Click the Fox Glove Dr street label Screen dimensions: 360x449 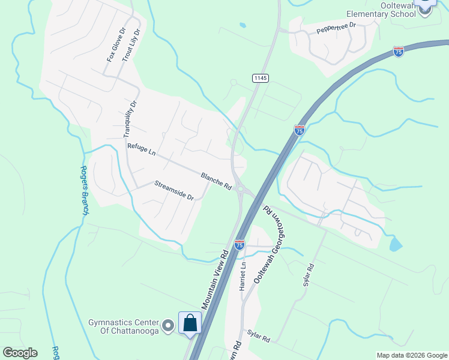coord(114,44)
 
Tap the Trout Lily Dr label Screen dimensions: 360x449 coord(131,45)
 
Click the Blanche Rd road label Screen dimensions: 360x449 coord(216,181)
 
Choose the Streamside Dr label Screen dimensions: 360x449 coord(174,191)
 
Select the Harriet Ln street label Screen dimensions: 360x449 coord(243,277)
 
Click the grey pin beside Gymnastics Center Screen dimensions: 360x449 coord(169,326)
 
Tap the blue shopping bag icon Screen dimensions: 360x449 coord(190,323)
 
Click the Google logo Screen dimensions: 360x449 coord(20,353)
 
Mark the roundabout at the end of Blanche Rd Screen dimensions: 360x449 coord(241,190)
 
